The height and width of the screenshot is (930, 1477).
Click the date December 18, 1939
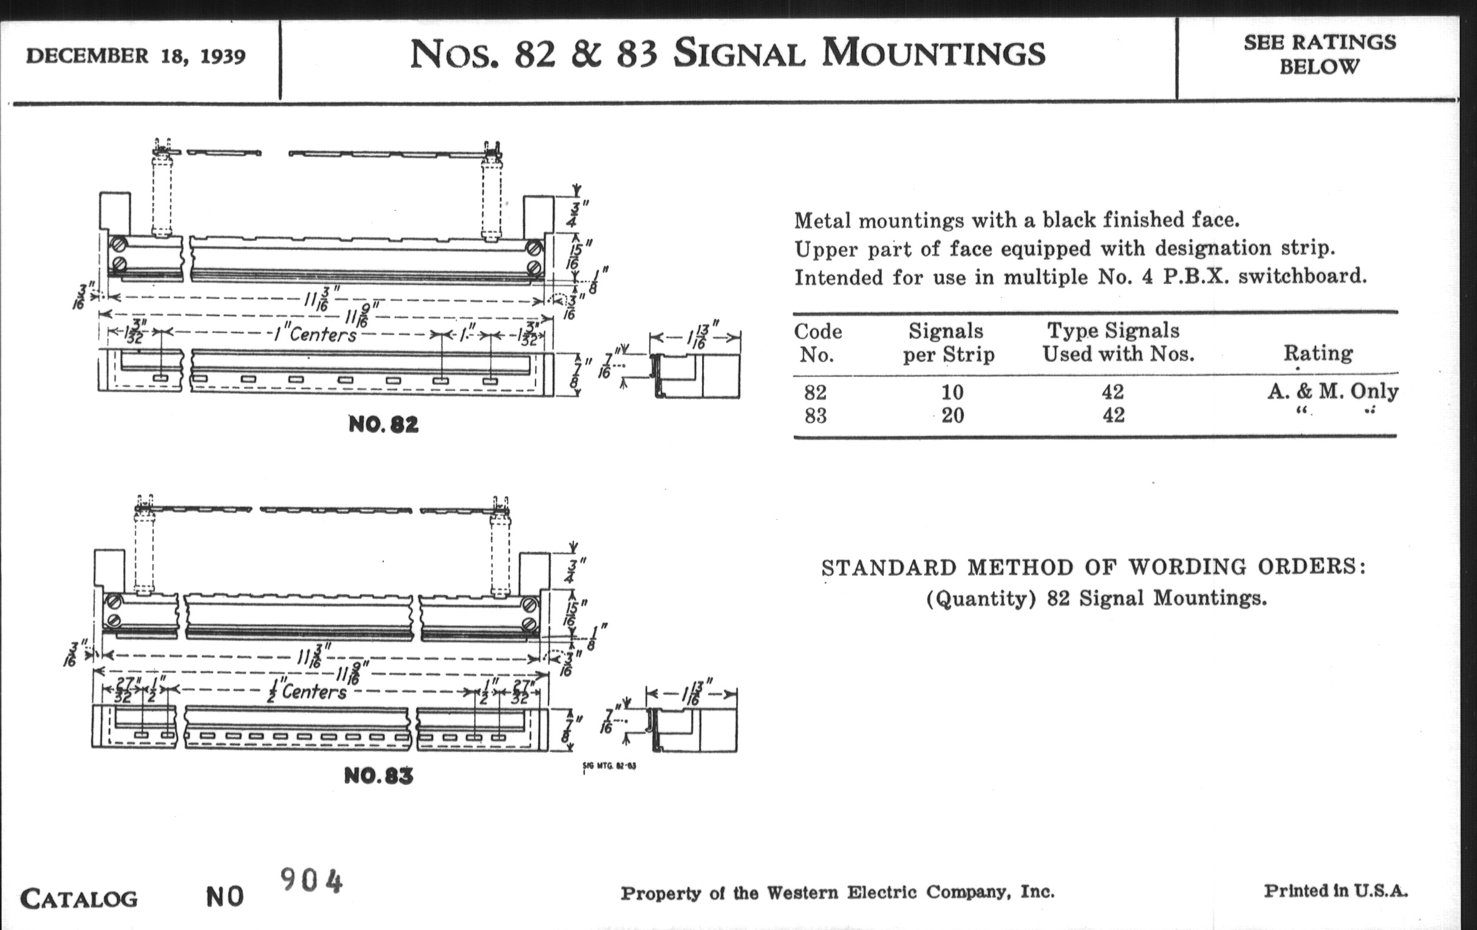[x=135, y=56]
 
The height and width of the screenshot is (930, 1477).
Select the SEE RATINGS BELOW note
[x=1319, y=54]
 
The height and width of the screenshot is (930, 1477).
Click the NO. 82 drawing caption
[x=383, y=424]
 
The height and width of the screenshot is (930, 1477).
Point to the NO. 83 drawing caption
[x=378, y=776]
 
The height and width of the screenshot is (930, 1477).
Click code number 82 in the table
[x=815, y=391]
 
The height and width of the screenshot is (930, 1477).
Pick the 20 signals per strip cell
[x=952, y=416]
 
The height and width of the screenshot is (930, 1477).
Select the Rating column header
[x=1318, y=353]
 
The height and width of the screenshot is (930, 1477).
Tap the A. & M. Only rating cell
[x=1333, y=391]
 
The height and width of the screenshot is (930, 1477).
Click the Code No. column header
[x=817, y=343]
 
